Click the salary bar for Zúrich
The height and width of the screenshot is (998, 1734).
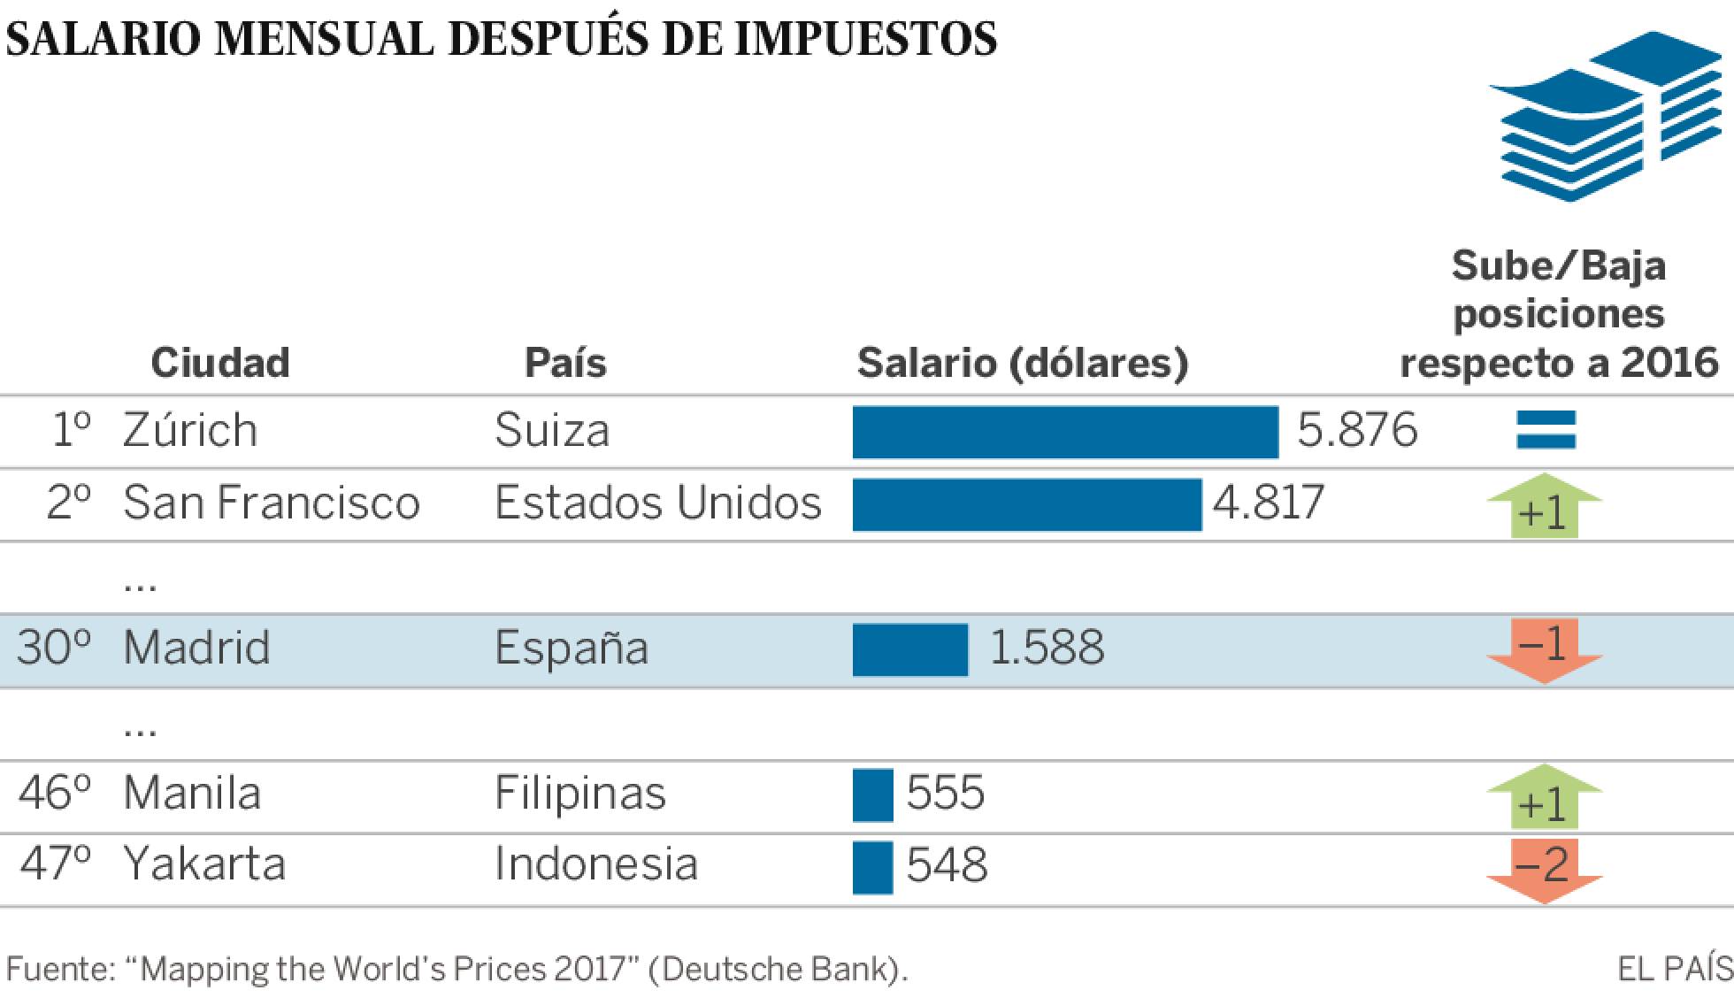(1065, 432)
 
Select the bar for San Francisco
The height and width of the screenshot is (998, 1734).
(1026, 504)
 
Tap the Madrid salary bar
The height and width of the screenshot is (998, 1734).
(909, 649)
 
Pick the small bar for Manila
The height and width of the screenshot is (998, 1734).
(872, 795)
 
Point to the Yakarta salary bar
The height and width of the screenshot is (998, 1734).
(872, 867)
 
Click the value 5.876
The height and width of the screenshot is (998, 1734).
(1356, 431)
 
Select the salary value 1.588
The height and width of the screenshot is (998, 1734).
(1046, 648)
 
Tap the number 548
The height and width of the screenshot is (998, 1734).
(946, 865)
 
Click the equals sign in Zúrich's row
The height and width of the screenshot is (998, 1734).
(1546, 431)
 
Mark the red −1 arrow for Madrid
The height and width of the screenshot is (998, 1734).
(1544, 650)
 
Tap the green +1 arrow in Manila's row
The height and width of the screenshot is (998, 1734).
(1544, 796)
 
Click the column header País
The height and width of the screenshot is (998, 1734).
(565, 363)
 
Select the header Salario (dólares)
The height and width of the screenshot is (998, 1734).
(1022, 363)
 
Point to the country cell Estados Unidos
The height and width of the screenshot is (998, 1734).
(657, 503)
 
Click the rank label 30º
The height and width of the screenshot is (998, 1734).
(54, 648)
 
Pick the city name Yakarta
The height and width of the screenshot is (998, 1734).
(204, 864)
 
